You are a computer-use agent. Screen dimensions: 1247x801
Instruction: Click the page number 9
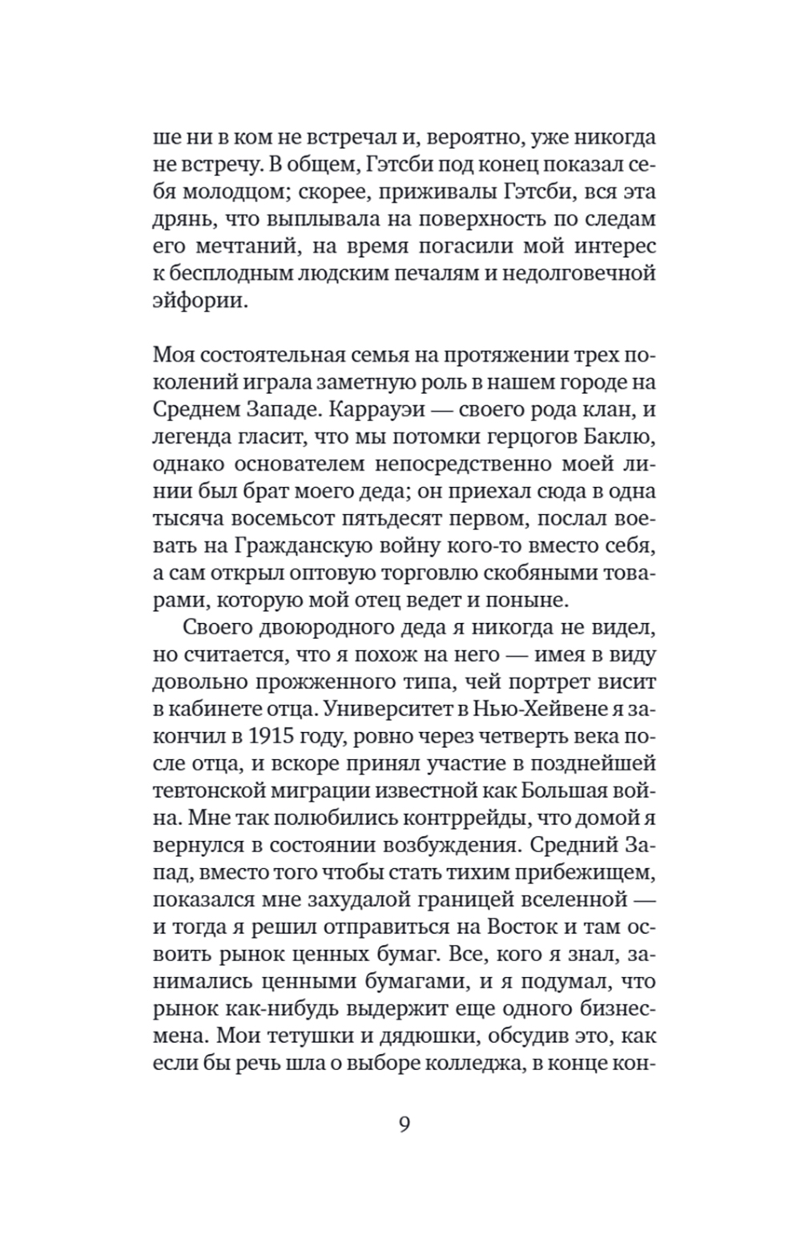click(x=404, y=1124)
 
